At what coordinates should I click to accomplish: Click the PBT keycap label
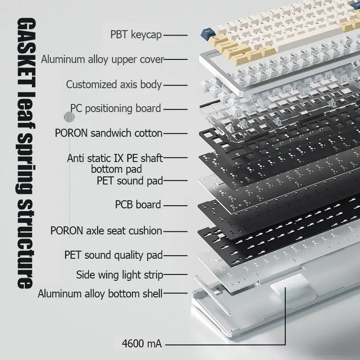(x=136, y=35)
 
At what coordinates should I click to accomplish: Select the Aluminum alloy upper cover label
(x=103, y=59)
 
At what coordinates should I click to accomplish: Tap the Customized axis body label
(x=114, y=85)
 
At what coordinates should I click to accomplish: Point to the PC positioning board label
(x=116, y=108)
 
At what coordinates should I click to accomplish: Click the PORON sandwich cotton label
(x=108, y=133)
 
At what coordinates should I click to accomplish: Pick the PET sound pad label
(x=130, y=180)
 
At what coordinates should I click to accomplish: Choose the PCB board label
(x=138, y=205)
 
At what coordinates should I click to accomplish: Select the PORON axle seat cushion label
(x=106, y=231)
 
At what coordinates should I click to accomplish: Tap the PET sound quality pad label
(x=114, y=255)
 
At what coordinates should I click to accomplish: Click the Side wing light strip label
(x=120, y=275)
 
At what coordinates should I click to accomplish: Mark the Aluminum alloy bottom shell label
(x=100, y=294)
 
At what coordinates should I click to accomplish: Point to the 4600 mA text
(x=142, y=344)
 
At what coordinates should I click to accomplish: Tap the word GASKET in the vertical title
(x=26, y=53)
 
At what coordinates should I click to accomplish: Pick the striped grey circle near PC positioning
(x=69, y=117)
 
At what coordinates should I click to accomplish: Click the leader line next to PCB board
(x=175, y=206)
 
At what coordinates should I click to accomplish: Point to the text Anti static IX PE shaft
(x=115, y=158)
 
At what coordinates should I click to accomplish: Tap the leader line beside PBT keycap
(x=175, y=36)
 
